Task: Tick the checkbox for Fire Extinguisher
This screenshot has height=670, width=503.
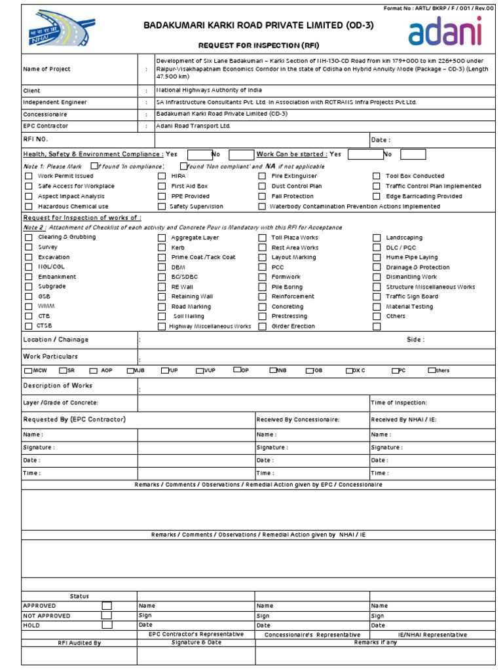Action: (x=262, y=176)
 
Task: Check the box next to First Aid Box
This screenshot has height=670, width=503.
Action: (x=162, y=186)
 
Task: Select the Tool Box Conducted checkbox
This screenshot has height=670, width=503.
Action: (x=377, y=176)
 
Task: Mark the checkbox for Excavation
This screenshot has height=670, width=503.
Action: (x=28, y=258)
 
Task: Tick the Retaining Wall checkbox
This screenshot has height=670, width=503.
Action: (x=162, y=296)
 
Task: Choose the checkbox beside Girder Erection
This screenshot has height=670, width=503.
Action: (x=262, y=326)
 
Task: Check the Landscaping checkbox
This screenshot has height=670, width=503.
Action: (x=377, y=238)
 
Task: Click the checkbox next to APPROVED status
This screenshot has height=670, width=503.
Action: (x=107, y=606)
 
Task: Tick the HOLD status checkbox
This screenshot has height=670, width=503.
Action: (x=107, y=626)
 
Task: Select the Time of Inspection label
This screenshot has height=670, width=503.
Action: (x=399, y=403)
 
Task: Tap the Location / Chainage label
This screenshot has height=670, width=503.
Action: (x=56, y=340)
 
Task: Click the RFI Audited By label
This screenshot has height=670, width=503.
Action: (x=79, y=643)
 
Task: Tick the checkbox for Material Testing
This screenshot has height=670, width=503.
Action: (x=377, y=306)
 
